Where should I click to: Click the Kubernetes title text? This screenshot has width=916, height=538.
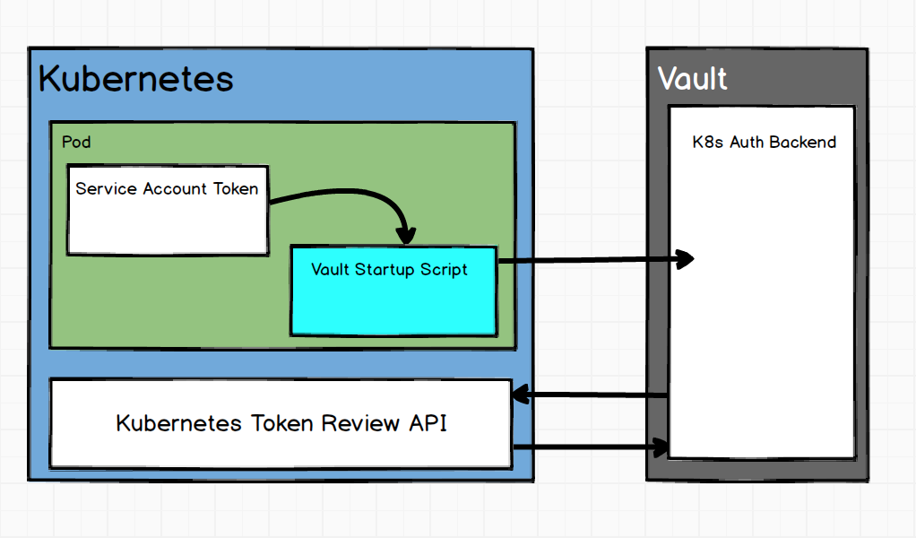click(x=135, y=79)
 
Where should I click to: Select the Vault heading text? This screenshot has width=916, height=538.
click(x=692, y=79)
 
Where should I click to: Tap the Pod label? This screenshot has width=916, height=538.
click(x=76, y=142)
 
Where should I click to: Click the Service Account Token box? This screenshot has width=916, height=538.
click(x=168, y=220)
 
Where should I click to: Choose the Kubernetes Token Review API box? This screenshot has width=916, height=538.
click(x=281, y=423)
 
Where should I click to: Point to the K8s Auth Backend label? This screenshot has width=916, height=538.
click(x=764, y=142)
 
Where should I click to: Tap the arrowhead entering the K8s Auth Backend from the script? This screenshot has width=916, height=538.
click(x=686, y=259)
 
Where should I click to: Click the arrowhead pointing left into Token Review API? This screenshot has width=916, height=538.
click(x=520, y=395)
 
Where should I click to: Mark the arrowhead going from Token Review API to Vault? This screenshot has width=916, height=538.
click(x=661, y=446)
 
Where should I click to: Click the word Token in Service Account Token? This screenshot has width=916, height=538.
click(x=235, y=188)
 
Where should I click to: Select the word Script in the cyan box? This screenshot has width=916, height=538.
click(x=445, y=269)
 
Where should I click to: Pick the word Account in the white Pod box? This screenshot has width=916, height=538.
click(x=177, y=188)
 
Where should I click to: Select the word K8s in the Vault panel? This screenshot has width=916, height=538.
click(x=709, y=142)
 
